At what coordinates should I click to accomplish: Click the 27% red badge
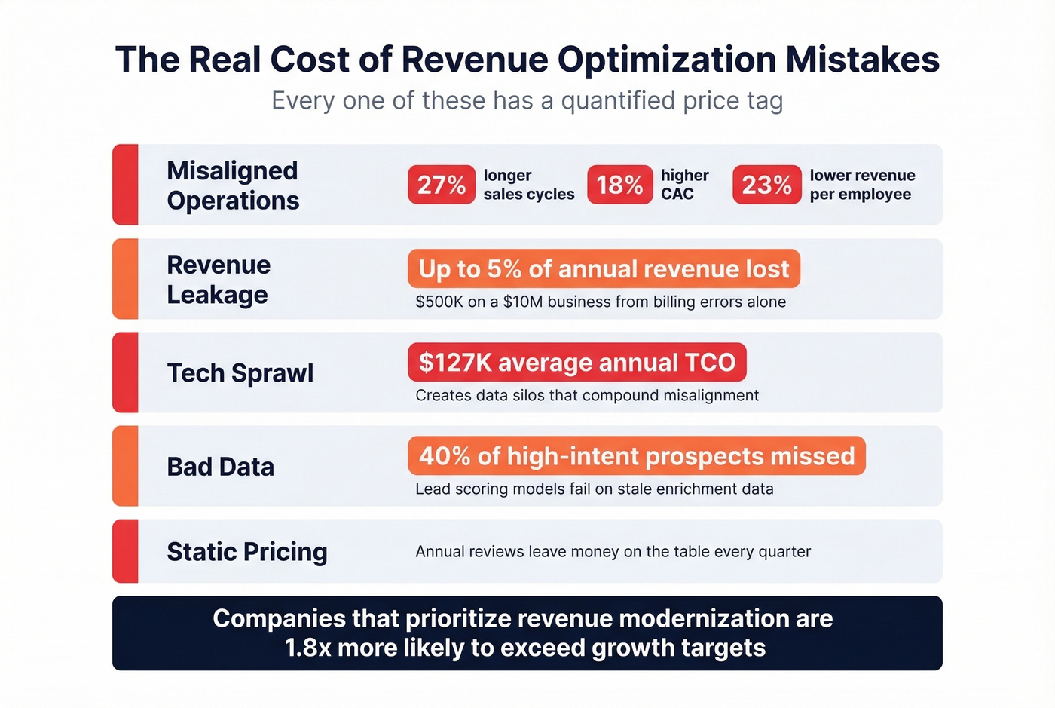click(442, 185)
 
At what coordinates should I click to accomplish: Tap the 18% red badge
click(619, 185)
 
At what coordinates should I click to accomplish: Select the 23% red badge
click(766, 185)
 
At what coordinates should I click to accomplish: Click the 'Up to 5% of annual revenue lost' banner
click(604, 269)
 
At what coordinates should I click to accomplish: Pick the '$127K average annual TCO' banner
click(576, 363)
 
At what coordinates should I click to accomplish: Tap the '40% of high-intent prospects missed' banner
click(637, 456)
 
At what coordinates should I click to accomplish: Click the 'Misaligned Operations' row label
click(233, 185)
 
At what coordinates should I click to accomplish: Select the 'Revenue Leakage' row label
click(219, 280)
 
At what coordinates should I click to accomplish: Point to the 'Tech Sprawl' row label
click(240, 373)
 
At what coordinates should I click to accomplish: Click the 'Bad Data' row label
click(220, 467)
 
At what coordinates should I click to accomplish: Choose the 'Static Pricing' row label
click(246, 552)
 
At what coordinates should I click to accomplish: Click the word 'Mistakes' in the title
click(863, 60)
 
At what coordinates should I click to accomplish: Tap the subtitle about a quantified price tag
click(527, 101)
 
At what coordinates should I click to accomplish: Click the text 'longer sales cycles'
click(528, 185)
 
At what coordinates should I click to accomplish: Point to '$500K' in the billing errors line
click(439, 302)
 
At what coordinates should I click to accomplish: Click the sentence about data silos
click(587, 396)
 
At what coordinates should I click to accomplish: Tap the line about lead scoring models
click(594, 489)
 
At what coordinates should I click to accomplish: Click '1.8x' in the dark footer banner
click(307, 648)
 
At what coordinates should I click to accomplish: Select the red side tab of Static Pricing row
click(125, 551)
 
